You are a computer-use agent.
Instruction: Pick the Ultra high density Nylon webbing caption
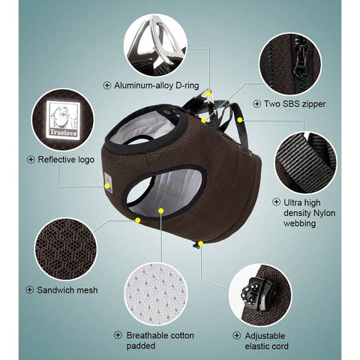(x=307, y=212)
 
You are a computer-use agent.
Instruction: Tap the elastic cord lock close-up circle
(x=259, y=292)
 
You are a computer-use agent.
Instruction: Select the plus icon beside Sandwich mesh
(x=29, y=289)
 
